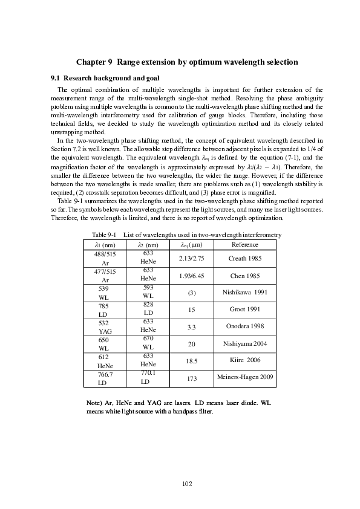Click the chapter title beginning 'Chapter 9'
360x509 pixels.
187,62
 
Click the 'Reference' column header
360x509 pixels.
244,244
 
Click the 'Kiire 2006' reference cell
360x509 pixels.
244,360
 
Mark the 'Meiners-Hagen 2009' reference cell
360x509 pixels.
244,377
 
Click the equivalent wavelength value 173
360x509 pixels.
192,378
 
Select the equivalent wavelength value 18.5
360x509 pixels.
192,360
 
